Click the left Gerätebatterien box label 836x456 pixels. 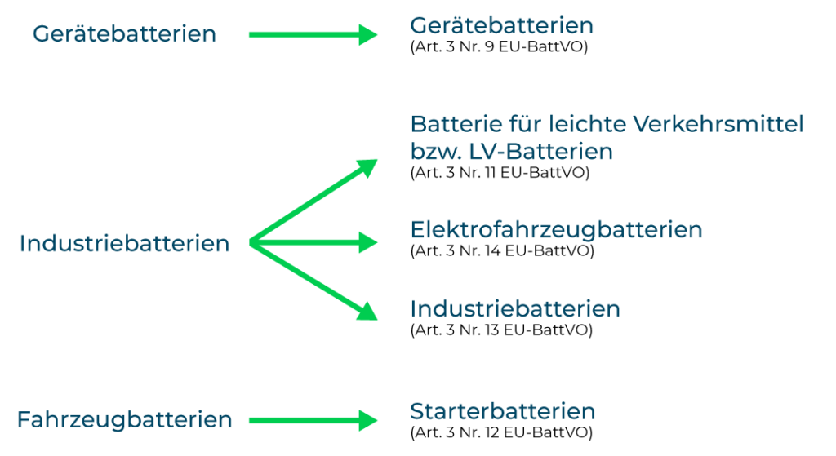(x=124, y=34)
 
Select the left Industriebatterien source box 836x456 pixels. (x=124, y=244)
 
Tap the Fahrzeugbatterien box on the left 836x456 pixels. (x=124, y=420)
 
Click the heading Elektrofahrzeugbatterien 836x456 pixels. (x=556, y=230)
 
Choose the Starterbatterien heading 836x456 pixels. (x=503, y=410)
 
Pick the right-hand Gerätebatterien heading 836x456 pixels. (x=501, y=26)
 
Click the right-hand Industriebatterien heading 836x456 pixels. (x=515, y=309)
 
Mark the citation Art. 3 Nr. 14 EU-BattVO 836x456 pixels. (x=501, y=250)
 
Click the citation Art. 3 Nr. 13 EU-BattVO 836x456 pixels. (x=501, y=330)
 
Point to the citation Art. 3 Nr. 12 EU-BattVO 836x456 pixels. (x=501, y=432)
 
